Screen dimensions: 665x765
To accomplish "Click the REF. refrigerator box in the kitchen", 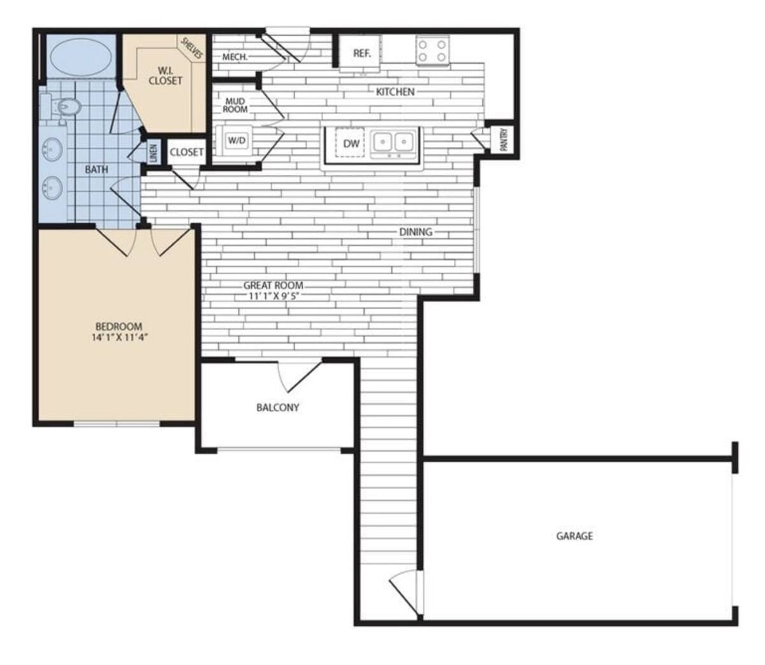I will [361, 54].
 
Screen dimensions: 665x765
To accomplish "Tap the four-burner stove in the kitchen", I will [432, 50].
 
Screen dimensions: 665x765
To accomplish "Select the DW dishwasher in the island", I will [351, 144].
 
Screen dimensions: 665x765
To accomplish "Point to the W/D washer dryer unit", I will [237, 141].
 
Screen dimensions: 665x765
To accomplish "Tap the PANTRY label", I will [504, 139].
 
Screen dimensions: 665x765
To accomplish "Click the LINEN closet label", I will [153, 153].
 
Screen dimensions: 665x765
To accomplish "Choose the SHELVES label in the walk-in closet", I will [191, 49].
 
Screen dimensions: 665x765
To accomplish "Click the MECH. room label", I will [235, 57].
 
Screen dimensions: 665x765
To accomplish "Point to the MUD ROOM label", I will [235, 105].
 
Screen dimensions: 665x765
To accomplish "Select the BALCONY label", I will [277, 408].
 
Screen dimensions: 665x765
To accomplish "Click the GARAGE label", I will [574, 536].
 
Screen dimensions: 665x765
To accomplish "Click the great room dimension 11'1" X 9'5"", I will [273, 296].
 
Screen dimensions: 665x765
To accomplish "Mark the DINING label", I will [416, 232].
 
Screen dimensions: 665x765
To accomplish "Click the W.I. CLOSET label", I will [165, 76].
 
